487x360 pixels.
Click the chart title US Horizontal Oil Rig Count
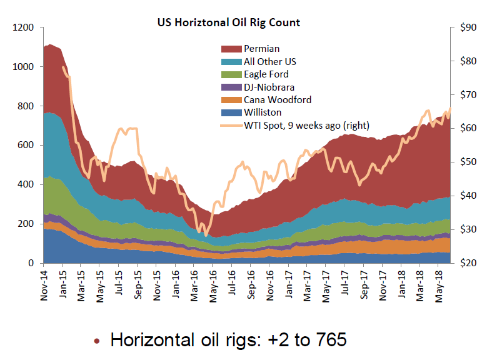229,22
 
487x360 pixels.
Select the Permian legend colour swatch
230,49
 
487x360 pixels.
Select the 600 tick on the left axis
24,146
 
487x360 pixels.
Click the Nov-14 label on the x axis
44,286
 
